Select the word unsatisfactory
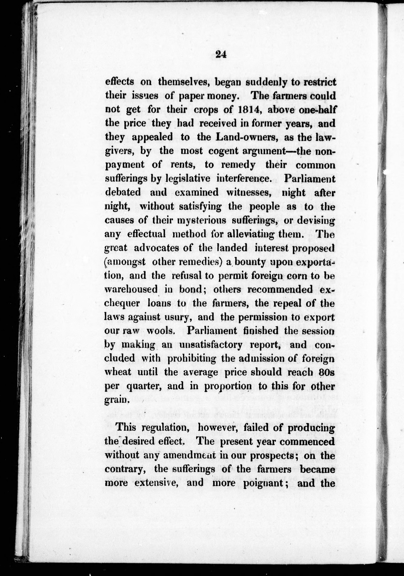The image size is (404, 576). pos(211,345)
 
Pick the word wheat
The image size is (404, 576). pos(118,372)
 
